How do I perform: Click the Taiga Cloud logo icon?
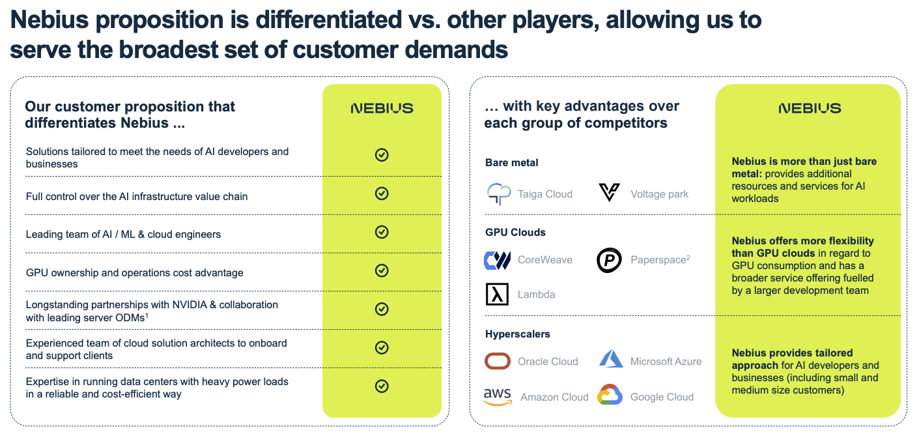click(x=500, y=194)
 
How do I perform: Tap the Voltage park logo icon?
click(x=609, y=193)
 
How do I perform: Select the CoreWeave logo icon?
click(x=498, y=260)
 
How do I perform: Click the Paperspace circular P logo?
click(x=609, y=260)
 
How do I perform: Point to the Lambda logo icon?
click(x=497, y=294)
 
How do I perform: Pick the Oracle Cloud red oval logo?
click(x=498, y=361)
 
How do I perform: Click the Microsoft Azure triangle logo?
click(x=612, y=359)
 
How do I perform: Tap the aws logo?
click(x=498, y=396)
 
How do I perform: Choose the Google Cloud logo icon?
click(x=610, y=396)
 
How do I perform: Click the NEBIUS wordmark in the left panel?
click(x=382, y=108)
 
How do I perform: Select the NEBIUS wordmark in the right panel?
click(x=810, y=108)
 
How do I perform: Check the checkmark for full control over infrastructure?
click(x=382, y=194)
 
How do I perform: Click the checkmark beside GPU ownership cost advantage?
click(x=382, y=270)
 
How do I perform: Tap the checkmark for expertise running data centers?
click(x=382, y=386)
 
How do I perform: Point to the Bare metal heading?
click(x=512, y=163)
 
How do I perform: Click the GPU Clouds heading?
click(x=515, y=232)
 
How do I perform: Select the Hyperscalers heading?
click(x=517, y=334)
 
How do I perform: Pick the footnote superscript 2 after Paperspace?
click(x=688, y=257)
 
